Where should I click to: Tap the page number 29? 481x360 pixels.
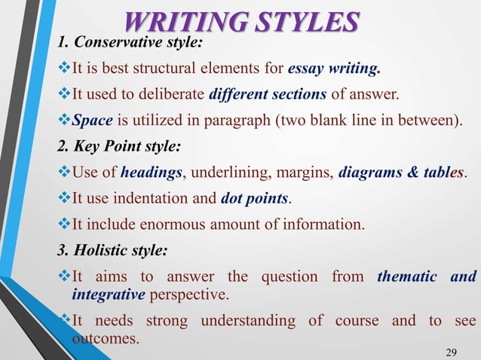click(x=452, y=351)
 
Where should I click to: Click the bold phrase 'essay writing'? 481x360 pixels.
click(x=333, y=72)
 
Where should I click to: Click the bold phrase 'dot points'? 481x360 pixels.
click(x=255, y=199)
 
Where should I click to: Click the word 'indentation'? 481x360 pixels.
click(x=157, y=199)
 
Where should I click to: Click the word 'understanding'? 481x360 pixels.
click(x=255, y=322)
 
